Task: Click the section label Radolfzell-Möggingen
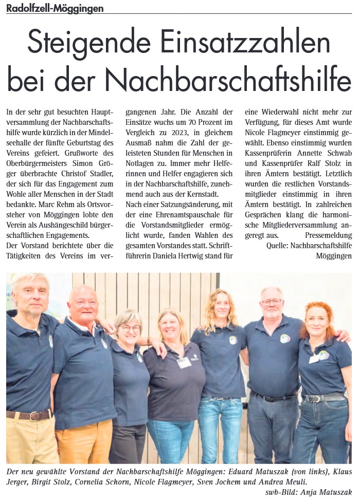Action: [55, 8]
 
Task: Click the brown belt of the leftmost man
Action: [28, 414]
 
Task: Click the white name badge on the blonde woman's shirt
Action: [184, 362]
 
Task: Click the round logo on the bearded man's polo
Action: [285, 338]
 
